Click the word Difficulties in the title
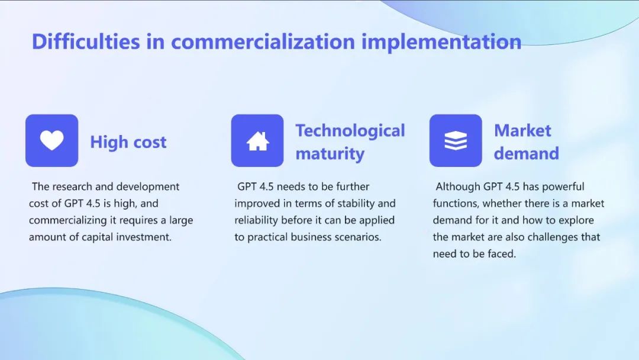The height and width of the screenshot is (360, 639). click(x=86, y=41)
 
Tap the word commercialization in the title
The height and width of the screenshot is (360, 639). click(x=263, y=41)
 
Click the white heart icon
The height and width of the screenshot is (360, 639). click(x=51, y=140)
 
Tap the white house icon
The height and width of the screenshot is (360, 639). click(x=257, y=141)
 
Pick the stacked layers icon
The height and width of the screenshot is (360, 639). click(x=456, y=141)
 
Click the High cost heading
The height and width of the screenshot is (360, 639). click(x=128, y=142)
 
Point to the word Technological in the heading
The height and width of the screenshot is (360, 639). click(x=350, y=131)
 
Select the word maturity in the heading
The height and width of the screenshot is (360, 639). click(x=330, y=154)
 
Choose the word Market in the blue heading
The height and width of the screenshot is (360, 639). click(x=522, y=130)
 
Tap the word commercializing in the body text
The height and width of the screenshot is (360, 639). click(x=67, y=221)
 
